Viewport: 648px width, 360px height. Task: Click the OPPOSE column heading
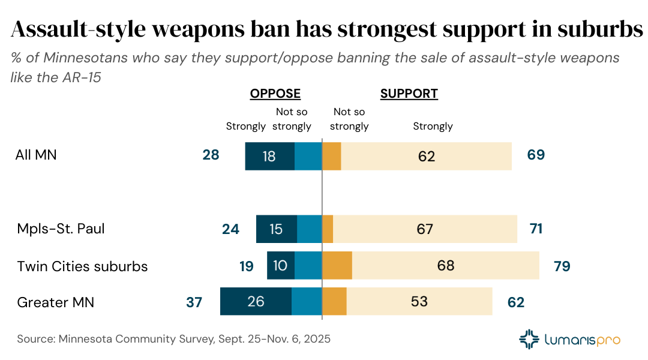pyautogui.click(x=275, y=94)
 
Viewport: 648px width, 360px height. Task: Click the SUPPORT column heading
pyautogui.click(x=409, y=94)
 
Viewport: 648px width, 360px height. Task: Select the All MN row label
pyautogui.click(x=36, y=155)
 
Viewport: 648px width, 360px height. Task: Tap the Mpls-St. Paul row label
pyautogui.click(x=61, y=229)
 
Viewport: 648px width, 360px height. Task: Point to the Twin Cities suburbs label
pyautogui.click(x=82, y=266)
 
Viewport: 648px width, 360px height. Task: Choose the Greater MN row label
pyautogui.click(x=56, y=302)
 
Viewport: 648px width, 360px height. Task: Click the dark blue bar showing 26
pyautogui.click(x=256, y=301)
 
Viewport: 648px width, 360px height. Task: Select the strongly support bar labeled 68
pyautogui.click(x=446, y=265)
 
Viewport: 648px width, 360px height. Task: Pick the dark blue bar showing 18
pyautogui.click(x=269, y=156)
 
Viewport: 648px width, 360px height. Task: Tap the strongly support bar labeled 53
pyautogui.click(x=419, y=301)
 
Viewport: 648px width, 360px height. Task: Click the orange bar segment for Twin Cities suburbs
pyautogui.click(x=337, y=265)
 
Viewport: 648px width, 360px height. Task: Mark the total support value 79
pyautogui.click(x=562, y=266)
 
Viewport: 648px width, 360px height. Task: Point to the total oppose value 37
pyautogui.click(x=194, y=302)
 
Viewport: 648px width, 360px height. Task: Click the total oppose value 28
pyautogui.click(x=211, y=155)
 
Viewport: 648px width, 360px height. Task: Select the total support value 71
pyautogui.click(x=536, y=229)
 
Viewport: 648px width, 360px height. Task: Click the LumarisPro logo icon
pyautogui.click(x=529, y=339)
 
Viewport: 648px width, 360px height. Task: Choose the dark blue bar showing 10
pyautogui.click(x=280, y=265)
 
